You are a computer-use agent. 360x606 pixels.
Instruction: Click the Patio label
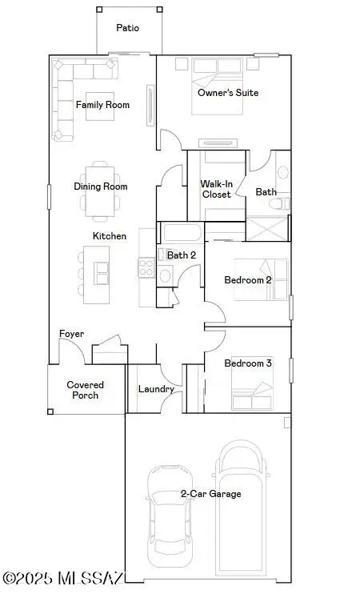(127, 28)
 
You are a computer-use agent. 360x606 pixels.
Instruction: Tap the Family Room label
(102, 105)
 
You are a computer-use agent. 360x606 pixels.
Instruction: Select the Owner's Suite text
(228, 93)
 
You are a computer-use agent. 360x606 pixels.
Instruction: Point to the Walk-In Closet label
(215, 189)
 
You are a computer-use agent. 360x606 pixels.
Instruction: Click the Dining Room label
(101, 187)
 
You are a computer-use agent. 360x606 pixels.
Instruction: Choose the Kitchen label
(110, 236)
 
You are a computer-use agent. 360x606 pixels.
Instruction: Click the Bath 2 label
(182, 255)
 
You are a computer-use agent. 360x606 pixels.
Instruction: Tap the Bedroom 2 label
(247, 280)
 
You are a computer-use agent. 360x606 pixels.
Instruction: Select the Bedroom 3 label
(247, 363)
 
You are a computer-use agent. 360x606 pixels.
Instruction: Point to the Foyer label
(72, 334)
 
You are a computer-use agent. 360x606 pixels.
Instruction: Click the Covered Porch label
(85, 390)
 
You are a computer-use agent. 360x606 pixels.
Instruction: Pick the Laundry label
(156, 390)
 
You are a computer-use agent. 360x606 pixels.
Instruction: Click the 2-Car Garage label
(210, 494)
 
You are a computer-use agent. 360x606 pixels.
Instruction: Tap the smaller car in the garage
(169, 510)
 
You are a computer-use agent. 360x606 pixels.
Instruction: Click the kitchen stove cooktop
(146, 267)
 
